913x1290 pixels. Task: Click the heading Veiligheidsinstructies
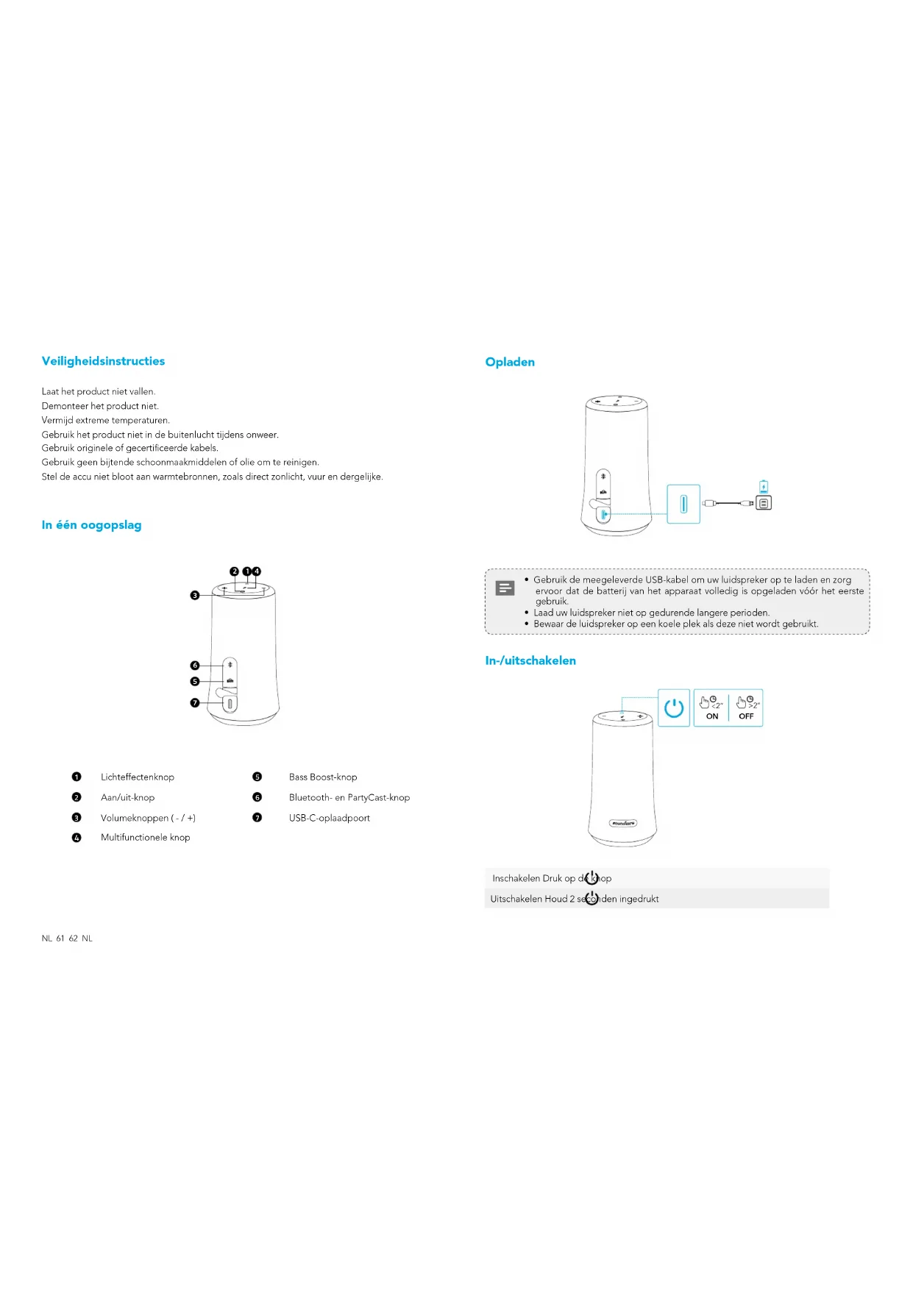(103, 361)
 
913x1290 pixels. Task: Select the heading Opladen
(510, 362)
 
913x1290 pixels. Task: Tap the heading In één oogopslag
(91, 525)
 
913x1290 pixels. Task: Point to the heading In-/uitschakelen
(530, 660)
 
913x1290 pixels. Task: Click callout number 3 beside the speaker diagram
(195, 595)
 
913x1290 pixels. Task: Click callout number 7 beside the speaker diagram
(195, 703)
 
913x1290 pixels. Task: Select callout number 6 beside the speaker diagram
(195, 666)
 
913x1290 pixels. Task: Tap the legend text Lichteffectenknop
(138, 777)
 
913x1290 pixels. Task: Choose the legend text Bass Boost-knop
(323, 777)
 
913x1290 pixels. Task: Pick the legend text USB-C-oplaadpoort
(330, 818)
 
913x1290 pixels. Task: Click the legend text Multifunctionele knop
(146, 838)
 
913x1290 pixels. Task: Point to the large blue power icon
(674, 708)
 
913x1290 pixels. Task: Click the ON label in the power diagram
(712, 716)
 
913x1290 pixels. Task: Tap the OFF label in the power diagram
(746, 716)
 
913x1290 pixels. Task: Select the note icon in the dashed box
(505, 588)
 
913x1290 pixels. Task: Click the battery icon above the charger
(764, 486)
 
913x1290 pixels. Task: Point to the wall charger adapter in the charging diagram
(764, 503)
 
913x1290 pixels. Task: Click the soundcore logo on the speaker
(623, 823)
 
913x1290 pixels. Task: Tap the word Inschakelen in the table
(516, 879)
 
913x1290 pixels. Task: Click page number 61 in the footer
(60, 938)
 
